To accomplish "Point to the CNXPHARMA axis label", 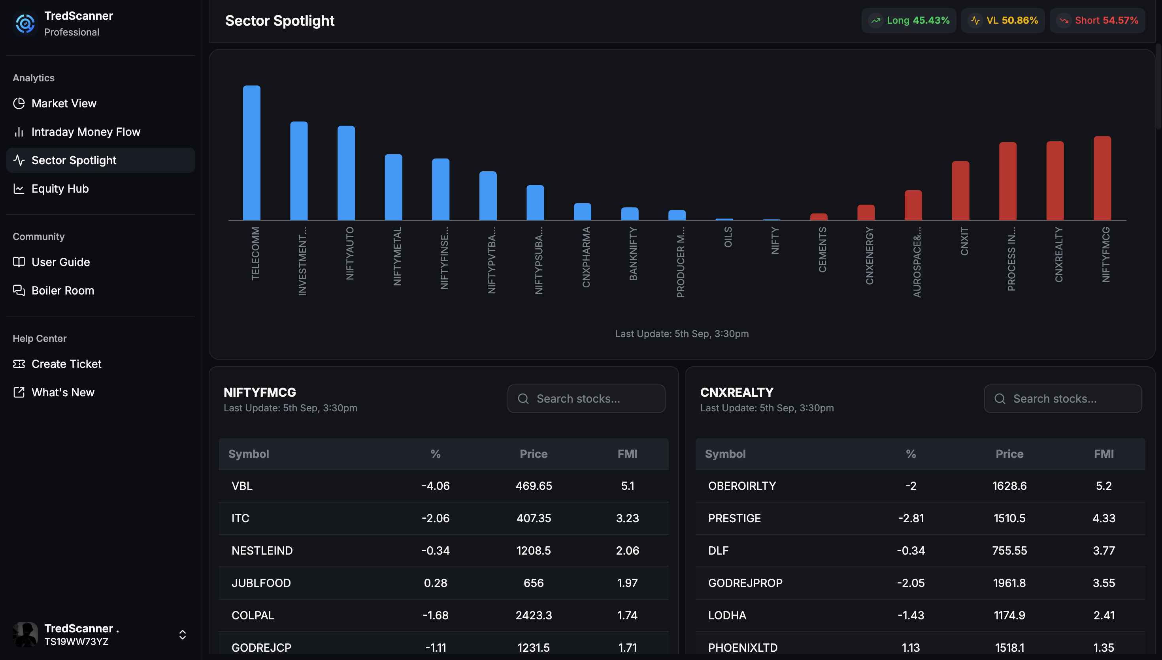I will coord(586,257).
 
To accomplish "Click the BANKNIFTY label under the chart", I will coord(633,254).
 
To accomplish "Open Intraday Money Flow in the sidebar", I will coord(86,132).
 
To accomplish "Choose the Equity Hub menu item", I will coord(60,189).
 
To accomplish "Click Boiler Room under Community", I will coord(62,291).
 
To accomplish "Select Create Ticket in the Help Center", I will coord(66,364).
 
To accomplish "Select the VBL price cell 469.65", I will coord(534,486).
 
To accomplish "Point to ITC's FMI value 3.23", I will coord(627,518).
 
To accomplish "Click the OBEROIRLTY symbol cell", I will coord(742,486).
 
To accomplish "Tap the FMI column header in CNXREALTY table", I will coord(1104,454).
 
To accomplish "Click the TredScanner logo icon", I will coord(25,23).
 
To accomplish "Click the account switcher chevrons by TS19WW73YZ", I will coord(182,635).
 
